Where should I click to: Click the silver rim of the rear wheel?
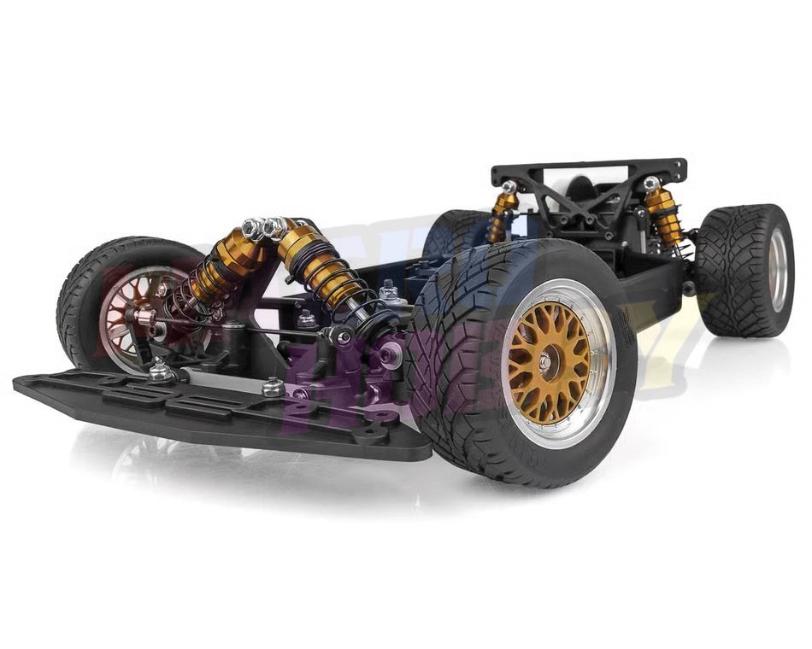coord(777,269)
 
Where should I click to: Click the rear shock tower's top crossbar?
coord(590,168)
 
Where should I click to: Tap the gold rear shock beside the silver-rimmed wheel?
coord(662,213)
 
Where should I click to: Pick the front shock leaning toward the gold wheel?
coord(321,265)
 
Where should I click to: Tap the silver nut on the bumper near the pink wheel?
coord(159,371)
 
